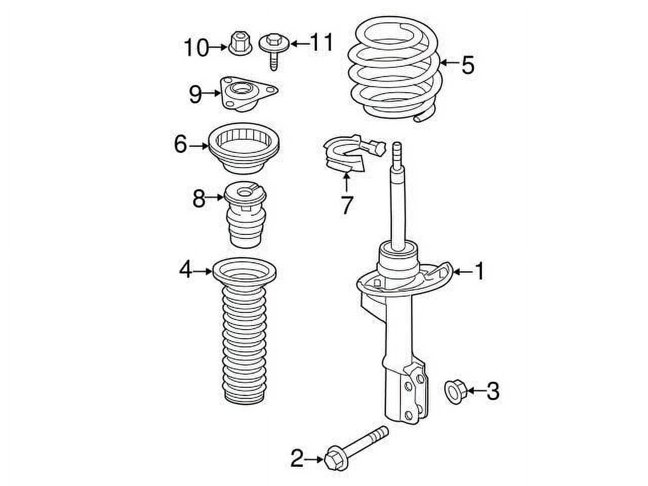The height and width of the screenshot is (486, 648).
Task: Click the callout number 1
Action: coord(478,272)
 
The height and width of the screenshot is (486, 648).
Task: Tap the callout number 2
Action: coord(297,459)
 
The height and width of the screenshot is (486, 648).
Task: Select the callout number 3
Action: coord(493,391)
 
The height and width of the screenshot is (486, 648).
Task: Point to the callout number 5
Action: coord(467,65)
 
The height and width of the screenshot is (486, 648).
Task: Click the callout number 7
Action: coord(346,205)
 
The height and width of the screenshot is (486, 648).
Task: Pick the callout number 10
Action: coord(196,48)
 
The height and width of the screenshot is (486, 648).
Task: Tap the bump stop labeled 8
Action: coord(244,213)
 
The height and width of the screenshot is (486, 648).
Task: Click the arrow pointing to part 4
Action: coord(203,271)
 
